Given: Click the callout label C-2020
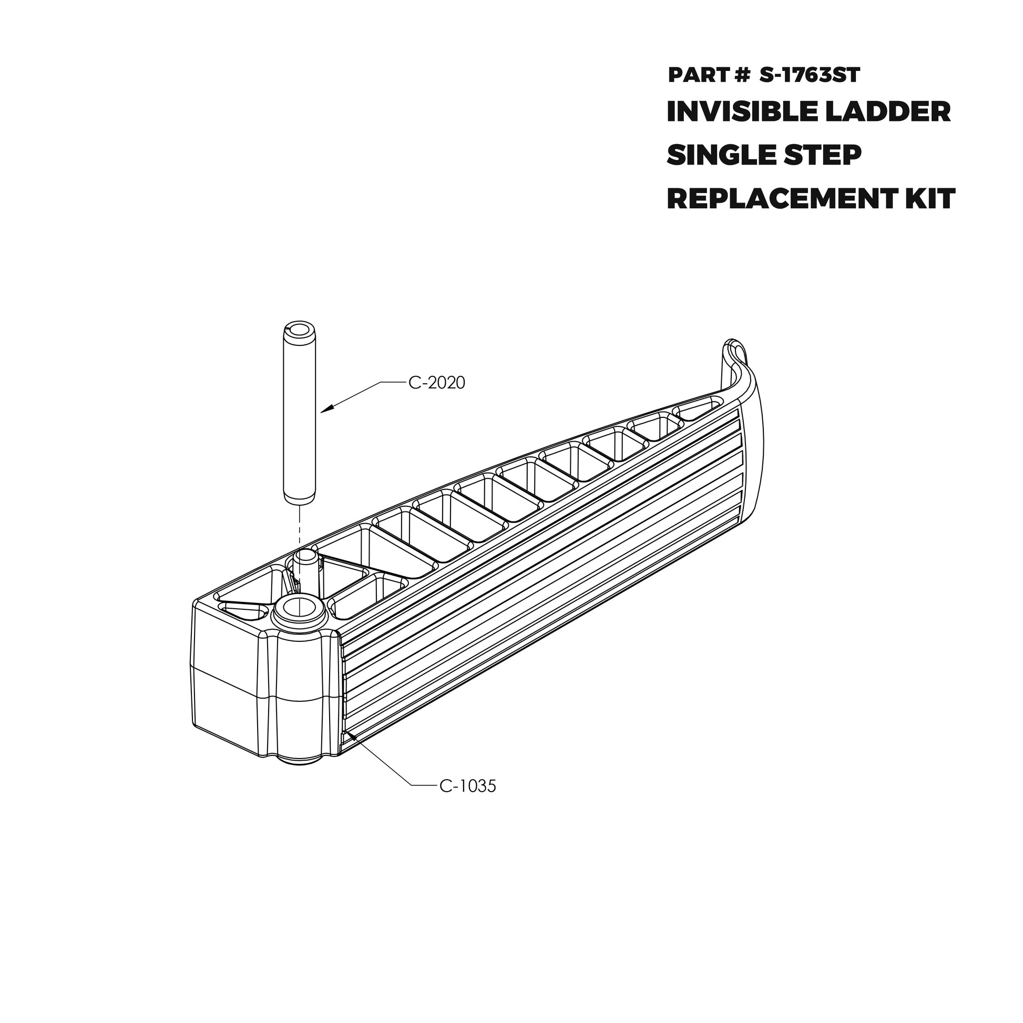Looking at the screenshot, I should click(436, 383).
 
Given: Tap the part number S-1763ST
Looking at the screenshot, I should click(810, 75).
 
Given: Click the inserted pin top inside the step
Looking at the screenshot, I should click(304, 558).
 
